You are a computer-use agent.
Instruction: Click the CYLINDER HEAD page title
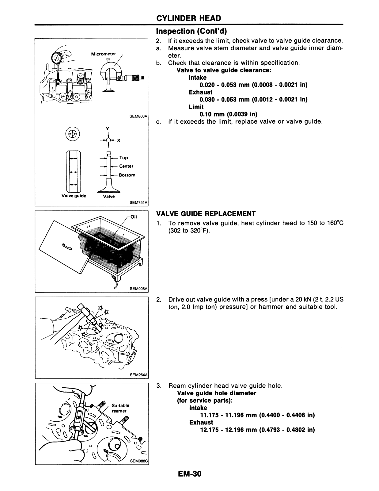(x=188, y=18)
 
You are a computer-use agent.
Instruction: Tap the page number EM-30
(x=189, y=474)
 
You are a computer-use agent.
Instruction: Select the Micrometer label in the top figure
(x=104, y=54)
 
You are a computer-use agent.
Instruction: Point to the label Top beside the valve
(x=124, y=158)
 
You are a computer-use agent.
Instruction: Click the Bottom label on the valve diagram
(x=127, y=175)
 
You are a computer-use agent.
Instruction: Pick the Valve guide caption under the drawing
(x=74, y=196)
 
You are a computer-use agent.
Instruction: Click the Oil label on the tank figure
(x=134, y=217)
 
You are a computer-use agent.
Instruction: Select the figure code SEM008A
(x=139, y=289)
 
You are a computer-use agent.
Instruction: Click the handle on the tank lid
(x=67, y=246)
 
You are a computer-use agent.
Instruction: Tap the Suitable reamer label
(x=120, y=408)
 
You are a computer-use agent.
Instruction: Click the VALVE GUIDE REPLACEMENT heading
(x=206, y=213)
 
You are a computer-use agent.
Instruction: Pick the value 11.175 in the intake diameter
(x=210, y=415)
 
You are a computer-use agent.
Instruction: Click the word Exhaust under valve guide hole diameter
(x=201, y=422)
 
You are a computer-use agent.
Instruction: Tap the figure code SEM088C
(x=139, y=460)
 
